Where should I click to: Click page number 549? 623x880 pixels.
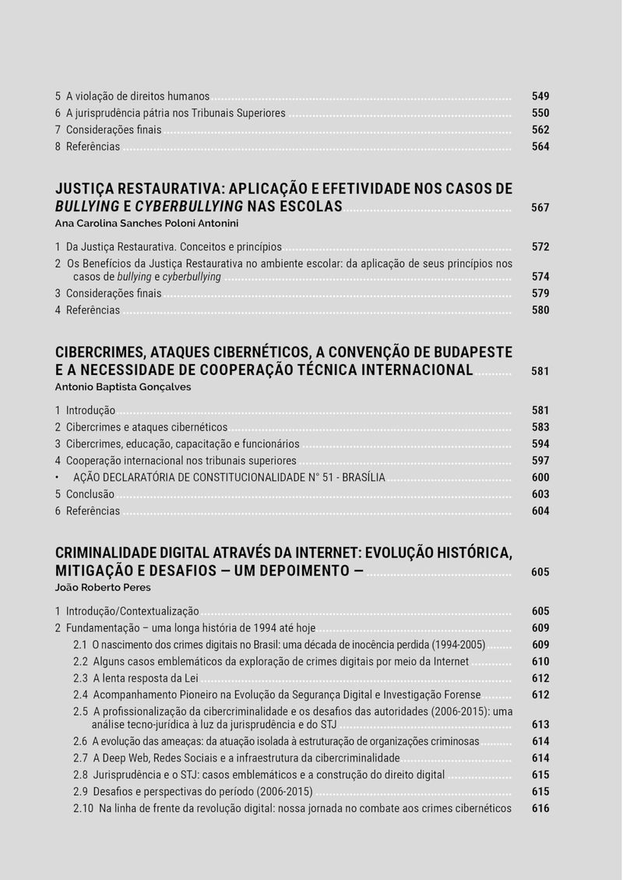pos(540,97)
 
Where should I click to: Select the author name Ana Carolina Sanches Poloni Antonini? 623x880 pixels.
pos(136,223)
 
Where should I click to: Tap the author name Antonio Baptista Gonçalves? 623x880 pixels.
pos(123,387)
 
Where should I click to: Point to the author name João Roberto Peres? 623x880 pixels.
pos(103,588)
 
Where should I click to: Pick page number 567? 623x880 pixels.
pos(540,208)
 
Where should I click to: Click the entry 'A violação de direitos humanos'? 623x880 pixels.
pos(138,97)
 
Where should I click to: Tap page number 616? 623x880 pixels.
pos(540,808)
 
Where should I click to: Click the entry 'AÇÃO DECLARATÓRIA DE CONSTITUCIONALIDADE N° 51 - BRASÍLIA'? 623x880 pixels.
pos(229,477)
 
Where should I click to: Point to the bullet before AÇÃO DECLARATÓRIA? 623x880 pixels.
pos(58,477)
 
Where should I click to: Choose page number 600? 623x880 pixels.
pos(540,477)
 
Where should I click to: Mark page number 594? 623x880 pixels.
pos(540,444)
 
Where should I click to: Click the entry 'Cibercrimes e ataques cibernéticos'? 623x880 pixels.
pos(146,427)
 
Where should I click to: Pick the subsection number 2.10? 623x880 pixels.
pos(83,808)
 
